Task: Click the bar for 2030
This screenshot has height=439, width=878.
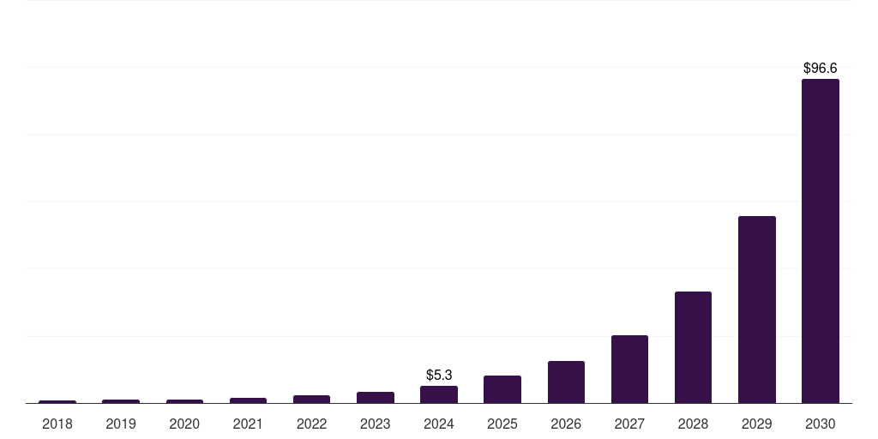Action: point(820,241)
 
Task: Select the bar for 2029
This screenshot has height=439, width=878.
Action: point(756,310)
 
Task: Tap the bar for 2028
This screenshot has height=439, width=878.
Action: point(693,347)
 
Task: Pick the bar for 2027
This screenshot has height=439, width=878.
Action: point(629,369)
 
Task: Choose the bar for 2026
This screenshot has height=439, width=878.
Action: point(566,382)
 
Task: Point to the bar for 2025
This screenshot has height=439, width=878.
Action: point(502,389)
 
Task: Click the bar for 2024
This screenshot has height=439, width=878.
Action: point(439,394)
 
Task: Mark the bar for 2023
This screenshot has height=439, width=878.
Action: point(376,397)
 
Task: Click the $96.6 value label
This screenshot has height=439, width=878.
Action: point(820,68)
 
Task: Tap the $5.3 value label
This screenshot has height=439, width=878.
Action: point(439,375)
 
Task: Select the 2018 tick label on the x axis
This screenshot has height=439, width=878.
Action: point(57,424)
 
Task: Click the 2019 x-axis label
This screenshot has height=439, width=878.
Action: point(121,424)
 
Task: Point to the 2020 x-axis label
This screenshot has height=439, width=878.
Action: point(184,424)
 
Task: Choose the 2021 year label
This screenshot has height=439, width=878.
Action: point(248,424)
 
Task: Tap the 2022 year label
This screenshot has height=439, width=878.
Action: point(311,424)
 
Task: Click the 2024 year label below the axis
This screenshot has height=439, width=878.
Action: point(439,424)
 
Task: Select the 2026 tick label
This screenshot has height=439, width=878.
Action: point(566,424)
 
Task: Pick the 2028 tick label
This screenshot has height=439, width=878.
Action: point(693,424)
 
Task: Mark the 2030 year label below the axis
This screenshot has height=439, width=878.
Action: point(820,424)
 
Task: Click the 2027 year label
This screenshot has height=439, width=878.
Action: point(629,424)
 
